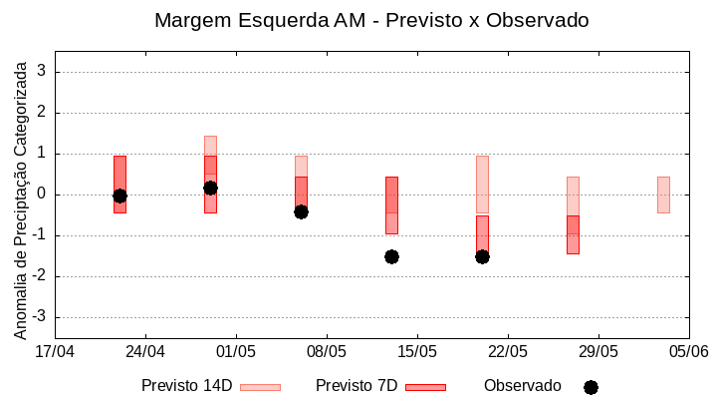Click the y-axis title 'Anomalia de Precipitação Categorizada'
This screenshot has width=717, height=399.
click(x=20, y=197)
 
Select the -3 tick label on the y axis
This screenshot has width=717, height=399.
click(x=39, y=317)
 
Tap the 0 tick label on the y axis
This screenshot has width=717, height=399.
click(x=42, y=195)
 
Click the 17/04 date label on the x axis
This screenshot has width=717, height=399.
click(x=55, y=351)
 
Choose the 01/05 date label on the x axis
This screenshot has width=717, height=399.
click(x=236, y=351)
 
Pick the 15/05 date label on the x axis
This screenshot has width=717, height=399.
click(x=417, y=351)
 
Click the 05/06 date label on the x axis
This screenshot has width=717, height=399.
click(x=688, y=351)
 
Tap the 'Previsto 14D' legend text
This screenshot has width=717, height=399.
click(x=186, y=386)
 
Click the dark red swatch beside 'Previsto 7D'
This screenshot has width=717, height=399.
click(x=425, y=387)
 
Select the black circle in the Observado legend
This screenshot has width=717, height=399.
click(x=591, y=387)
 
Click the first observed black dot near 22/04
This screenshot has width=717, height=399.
click(x=119, y=196)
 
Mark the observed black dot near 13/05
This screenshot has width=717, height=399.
click(x=391, y=256)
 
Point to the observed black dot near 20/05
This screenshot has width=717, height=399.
click(x=482, y=256)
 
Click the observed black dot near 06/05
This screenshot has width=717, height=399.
click(x=301, y=211)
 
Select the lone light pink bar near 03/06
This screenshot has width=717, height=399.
click(x=663, y=195)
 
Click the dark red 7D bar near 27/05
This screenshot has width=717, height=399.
click(x=573, y=234)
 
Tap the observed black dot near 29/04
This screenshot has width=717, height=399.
click(x=210, y=188)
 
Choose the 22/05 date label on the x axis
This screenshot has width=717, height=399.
click(x=508, y=351)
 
